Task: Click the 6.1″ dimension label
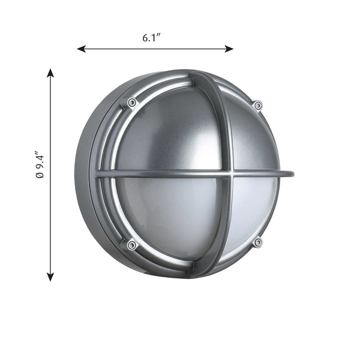151,38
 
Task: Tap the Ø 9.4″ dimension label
40,164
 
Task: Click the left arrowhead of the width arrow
81,49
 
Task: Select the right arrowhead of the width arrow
229,49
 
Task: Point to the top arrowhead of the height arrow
50,73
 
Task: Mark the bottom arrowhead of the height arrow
50,277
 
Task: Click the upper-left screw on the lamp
131,103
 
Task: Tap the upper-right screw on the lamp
258,106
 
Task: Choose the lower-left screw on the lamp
131,245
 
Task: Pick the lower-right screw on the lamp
258,242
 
